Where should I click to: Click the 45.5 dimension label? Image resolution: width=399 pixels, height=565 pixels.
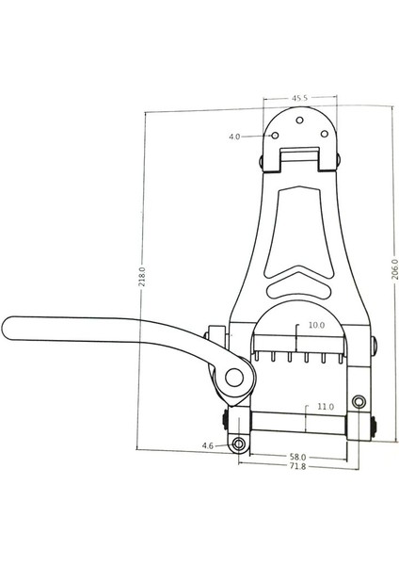[x=300, y=97]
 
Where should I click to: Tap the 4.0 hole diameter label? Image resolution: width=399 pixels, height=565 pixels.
[x=234, y=137]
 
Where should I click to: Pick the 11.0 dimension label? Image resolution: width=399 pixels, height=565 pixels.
[x=324, y=407]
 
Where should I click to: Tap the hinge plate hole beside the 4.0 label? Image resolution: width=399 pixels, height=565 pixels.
[x=277, y=136]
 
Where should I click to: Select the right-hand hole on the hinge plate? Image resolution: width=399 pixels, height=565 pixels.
[x=325, y=135]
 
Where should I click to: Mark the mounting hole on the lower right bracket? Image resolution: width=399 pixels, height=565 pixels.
[x=359, y=403]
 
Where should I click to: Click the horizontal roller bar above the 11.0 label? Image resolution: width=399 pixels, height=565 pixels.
[x=299, y=425]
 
